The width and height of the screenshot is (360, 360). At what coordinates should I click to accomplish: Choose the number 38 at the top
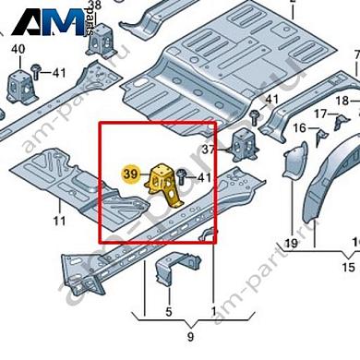pos(120,5)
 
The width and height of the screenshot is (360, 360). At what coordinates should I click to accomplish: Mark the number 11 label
pos(58,221)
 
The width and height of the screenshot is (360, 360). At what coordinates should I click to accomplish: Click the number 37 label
pos(209,150)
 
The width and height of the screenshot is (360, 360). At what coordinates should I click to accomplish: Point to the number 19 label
pos(290,243)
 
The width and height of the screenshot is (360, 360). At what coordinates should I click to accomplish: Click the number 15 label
pos(348,266)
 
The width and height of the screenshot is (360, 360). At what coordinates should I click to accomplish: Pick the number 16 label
pos(299,127)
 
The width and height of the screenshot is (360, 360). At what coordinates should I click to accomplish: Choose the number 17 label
pos(318,114)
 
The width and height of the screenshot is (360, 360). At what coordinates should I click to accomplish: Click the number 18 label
pos(342,100)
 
